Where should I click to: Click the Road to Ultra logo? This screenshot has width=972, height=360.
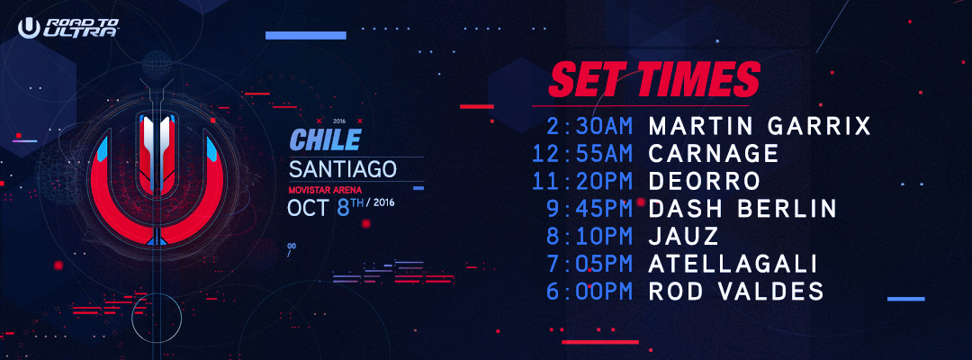click(x=68, y=28)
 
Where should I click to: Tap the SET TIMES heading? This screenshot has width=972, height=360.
click(x=654, y=79)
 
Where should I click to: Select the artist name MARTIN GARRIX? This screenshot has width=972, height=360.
click(x=760, y=126)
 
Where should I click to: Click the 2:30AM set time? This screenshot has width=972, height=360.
click(x=589, y=126)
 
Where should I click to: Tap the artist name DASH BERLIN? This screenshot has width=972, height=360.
click(x=742, y=209)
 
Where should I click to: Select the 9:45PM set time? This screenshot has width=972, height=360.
click(x=589, y=209)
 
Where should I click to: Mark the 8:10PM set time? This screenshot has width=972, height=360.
click(x=589, y=236)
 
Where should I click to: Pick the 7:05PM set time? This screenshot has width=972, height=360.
click(x=589, y=264)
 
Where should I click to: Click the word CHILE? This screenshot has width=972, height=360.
click(x=326, y=141)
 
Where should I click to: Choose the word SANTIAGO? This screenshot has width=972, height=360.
click(x=343, y=169)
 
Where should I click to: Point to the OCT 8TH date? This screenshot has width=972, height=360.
click(x=341, y=207)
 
